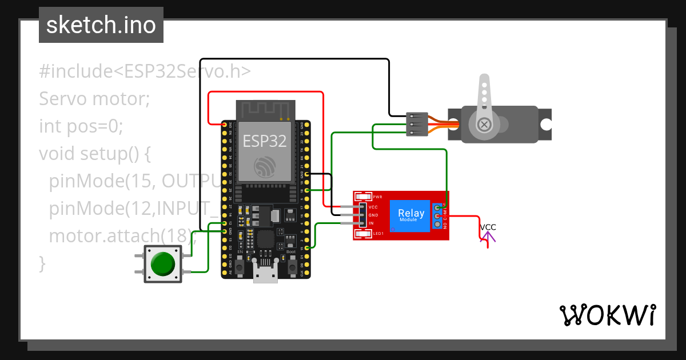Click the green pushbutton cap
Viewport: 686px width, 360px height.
coord(163,263)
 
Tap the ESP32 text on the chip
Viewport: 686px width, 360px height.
coord(265,141)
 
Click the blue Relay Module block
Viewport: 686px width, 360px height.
coord(410,215)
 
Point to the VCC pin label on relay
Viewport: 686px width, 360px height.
coord(373,207)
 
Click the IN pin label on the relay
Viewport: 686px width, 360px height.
coord(371,223)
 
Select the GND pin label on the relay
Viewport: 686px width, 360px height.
coord(373,215)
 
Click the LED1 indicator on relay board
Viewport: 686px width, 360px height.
coord(364,234)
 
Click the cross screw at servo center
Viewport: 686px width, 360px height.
coord(484,124)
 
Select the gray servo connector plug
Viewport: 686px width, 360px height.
coord(416,124)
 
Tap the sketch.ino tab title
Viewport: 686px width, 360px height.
coord(101,25)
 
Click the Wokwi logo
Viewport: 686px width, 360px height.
coord(607,315)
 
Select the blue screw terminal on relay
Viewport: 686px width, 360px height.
coord(438,216)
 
